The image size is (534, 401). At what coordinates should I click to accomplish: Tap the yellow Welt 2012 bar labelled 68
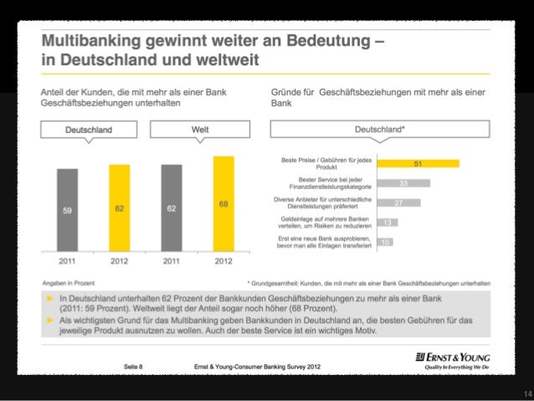[x=223, y=205]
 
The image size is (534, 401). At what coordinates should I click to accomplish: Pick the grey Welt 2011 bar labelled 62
[x=172, y=209]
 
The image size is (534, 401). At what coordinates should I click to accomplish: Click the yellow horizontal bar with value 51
[x=418, y=163]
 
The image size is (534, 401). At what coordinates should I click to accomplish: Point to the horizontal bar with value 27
[x=398, y=203]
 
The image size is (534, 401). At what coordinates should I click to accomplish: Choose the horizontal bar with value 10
[x=384, y=242]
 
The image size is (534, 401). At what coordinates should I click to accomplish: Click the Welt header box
[x=199, y=131]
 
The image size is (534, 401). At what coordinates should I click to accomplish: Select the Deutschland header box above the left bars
[x=90, y=131]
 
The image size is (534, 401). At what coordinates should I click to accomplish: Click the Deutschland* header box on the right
[x=380, y=131]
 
